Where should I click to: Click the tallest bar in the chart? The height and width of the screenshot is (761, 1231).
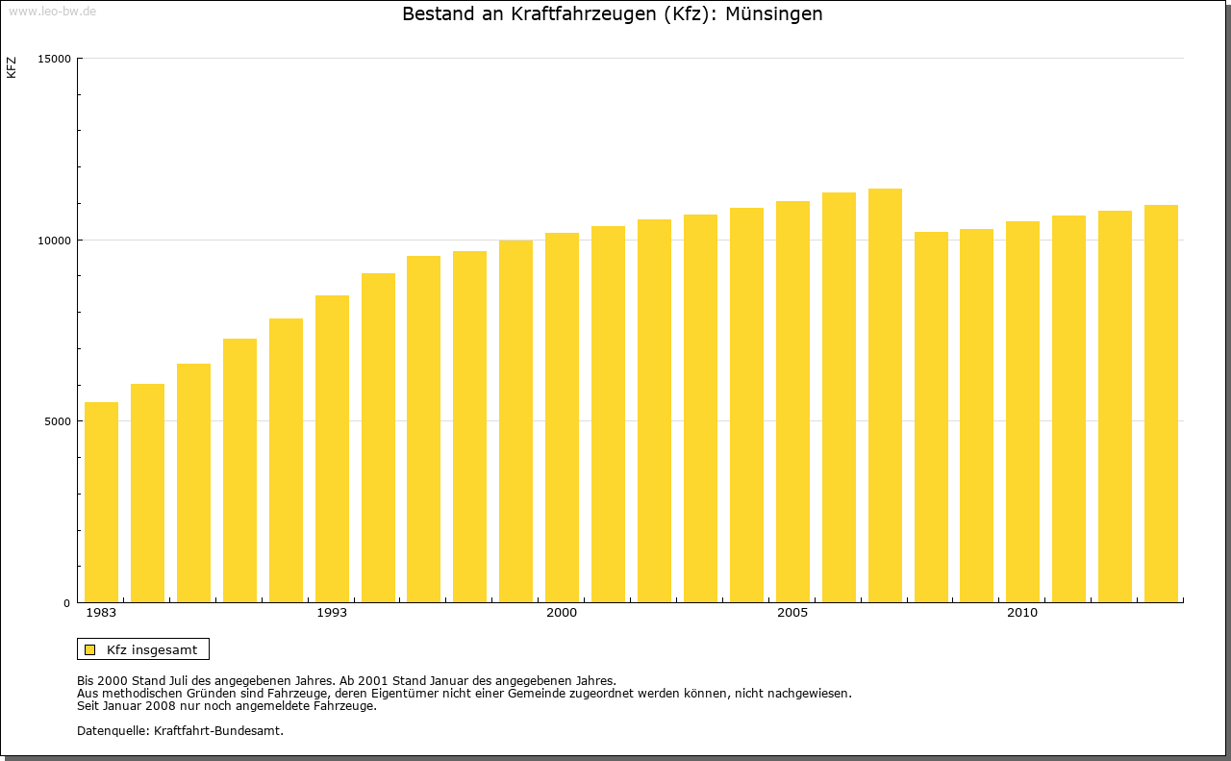tap(885, 395)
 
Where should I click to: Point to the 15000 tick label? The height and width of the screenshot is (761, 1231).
tap(56, 59)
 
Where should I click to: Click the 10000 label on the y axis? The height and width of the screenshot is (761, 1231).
tap(56, 240)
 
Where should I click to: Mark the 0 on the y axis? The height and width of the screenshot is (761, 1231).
tap(67, 603)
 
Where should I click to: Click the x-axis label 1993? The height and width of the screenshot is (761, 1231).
tap(332, 613)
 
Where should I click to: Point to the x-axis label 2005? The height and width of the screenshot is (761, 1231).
tap(792, 613)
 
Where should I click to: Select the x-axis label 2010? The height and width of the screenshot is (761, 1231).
tap(1022, 613)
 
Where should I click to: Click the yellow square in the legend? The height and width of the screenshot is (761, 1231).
tap(89, 649)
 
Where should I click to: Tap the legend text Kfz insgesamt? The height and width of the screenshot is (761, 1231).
tap(152, 649)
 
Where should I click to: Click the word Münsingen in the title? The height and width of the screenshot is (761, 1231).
tap(774, 14)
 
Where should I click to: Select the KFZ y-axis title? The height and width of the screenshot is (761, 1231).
tap(12, 67)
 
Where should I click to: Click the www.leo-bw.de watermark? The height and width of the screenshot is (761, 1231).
tap(52, 11)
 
